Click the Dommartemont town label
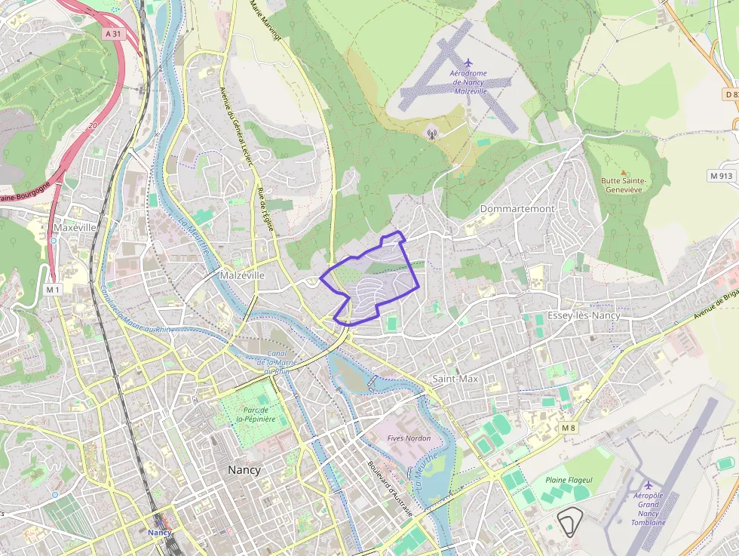pos(517,208)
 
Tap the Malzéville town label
pos(242,275)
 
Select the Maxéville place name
pos(75,226)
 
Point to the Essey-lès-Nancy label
pos(584,315)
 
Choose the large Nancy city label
pos(244,469)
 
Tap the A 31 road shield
pos(113,33)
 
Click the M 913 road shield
pos(722,175)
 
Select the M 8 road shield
pos(568,428)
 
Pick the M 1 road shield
pos(52,289)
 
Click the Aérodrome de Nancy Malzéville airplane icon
pos(468,62)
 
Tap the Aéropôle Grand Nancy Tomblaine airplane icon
pos(649,484)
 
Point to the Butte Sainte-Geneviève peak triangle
pos(623,172)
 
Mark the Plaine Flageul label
pos(569,480)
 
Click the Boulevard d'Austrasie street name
pos(391,489)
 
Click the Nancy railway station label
pos(160,532)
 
